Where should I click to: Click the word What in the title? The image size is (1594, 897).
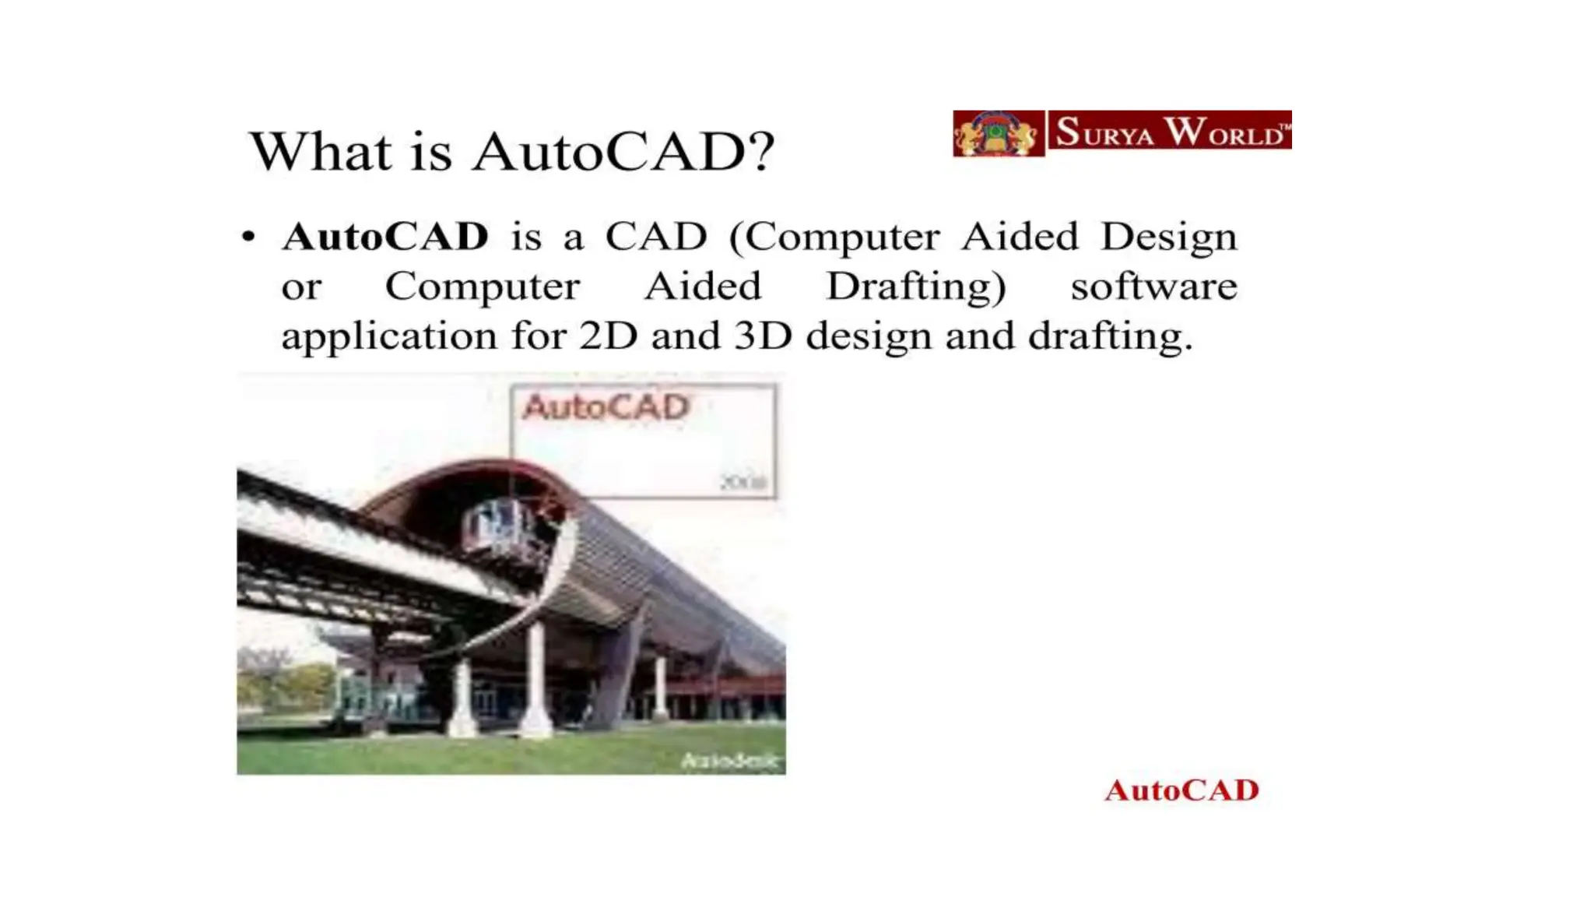[x=320, y=151]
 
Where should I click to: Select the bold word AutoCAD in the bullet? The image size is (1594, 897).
[x=385, y=237]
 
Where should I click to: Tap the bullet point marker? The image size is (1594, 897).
[x=248, y=236]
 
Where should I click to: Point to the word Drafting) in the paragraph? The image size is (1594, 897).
[x=916, y=287]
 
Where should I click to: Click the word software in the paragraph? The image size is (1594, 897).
[x=1153, y=287]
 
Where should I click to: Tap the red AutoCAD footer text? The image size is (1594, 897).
[x=1181, y=790]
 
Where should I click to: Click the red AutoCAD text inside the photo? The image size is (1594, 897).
[x=606, y=407]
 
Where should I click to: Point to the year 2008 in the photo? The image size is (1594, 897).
[x=743, y=483]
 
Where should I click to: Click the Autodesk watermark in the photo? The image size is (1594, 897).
[x=730, y=761]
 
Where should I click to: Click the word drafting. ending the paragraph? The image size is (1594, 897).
[x=1110, y=336]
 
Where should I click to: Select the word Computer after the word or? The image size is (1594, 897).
[x=482, y=287]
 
